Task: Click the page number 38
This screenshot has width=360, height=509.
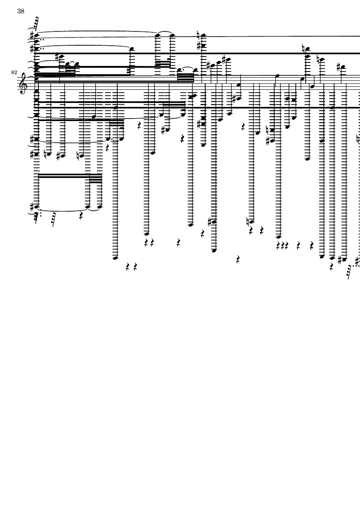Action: pos(21,12)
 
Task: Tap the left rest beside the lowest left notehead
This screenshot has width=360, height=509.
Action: pos(128,267)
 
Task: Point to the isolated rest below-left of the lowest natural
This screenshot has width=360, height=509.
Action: pos(238,259)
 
